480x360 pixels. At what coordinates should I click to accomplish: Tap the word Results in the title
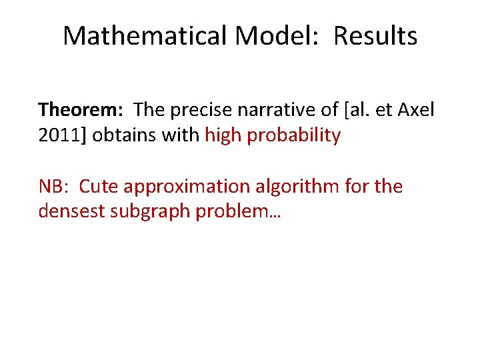pos(375,36)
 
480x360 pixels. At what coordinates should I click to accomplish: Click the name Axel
pos(415,109)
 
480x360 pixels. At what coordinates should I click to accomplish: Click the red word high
pos(223,135)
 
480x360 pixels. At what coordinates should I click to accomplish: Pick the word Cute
pos(99,186)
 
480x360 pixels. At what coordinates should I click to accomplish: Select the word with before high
pos(183,135)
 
